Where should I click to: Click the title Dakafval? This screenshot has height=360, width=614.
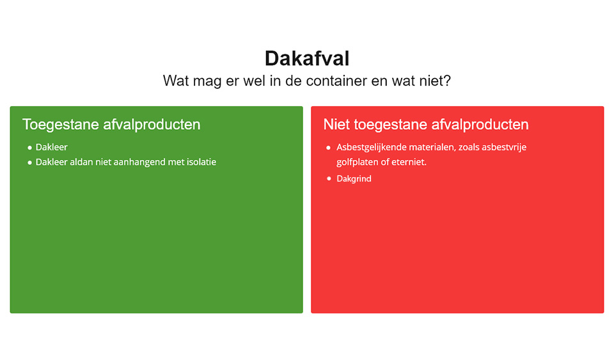[x=307, y=59]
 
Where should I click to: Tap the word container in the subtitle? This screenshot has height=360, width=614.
[x=336, y=81]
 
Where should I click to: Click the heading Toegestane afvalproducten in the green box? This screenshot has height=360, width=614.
[x=111, y=125]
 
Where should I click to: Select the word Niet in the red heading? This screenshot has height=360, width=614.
[x=337, y=125]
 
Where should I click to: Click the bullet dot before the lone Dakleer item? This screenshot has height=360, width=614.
[x=30, y=148]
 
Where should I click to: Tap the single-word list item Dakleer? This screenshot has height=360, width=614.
[x=52, y=147]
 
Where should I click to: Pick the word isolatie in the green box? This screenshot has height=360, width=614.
[x=201, y=162]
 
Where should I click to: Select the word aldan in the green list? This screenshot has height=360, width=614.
[x=81, y=162]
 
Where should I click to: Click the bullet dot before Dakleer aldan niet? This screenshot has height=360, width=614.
[x=30, y=163]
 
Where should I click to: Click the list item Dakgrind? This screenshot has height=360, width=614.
[x=354, y=179]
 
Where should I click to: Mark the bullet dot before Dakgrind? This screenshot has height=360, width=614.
[x=329, y=179]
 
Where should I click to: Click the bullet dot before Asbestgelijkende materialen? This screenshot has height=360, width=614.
[x=329, y=148]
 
